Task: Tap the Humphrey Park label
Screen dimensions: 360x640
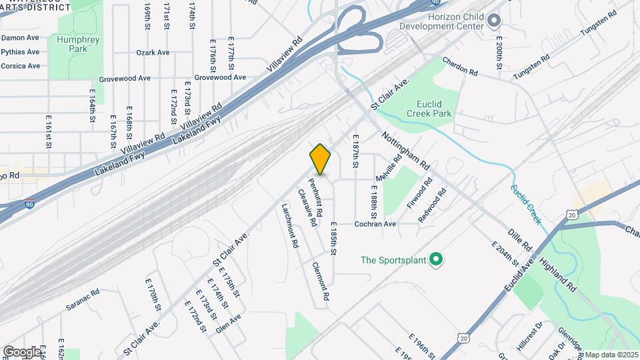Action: click(x=73, y=44)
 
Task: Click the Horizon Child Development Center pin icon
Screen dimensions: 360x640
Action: click(x=494, y=22)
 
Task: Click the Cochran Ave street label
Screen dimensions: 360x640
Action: click(x=375, y=224)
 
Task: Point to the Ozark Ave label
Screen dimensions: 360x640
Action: click(x=153, y=52)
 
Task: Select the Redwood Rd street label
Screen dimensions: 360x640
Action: click(x=431, y=208)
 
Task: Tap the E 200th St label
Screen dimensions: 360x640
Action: click(x=499, y=53)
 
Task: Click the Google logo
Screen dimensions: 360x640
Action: click(x=22, y=351)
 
